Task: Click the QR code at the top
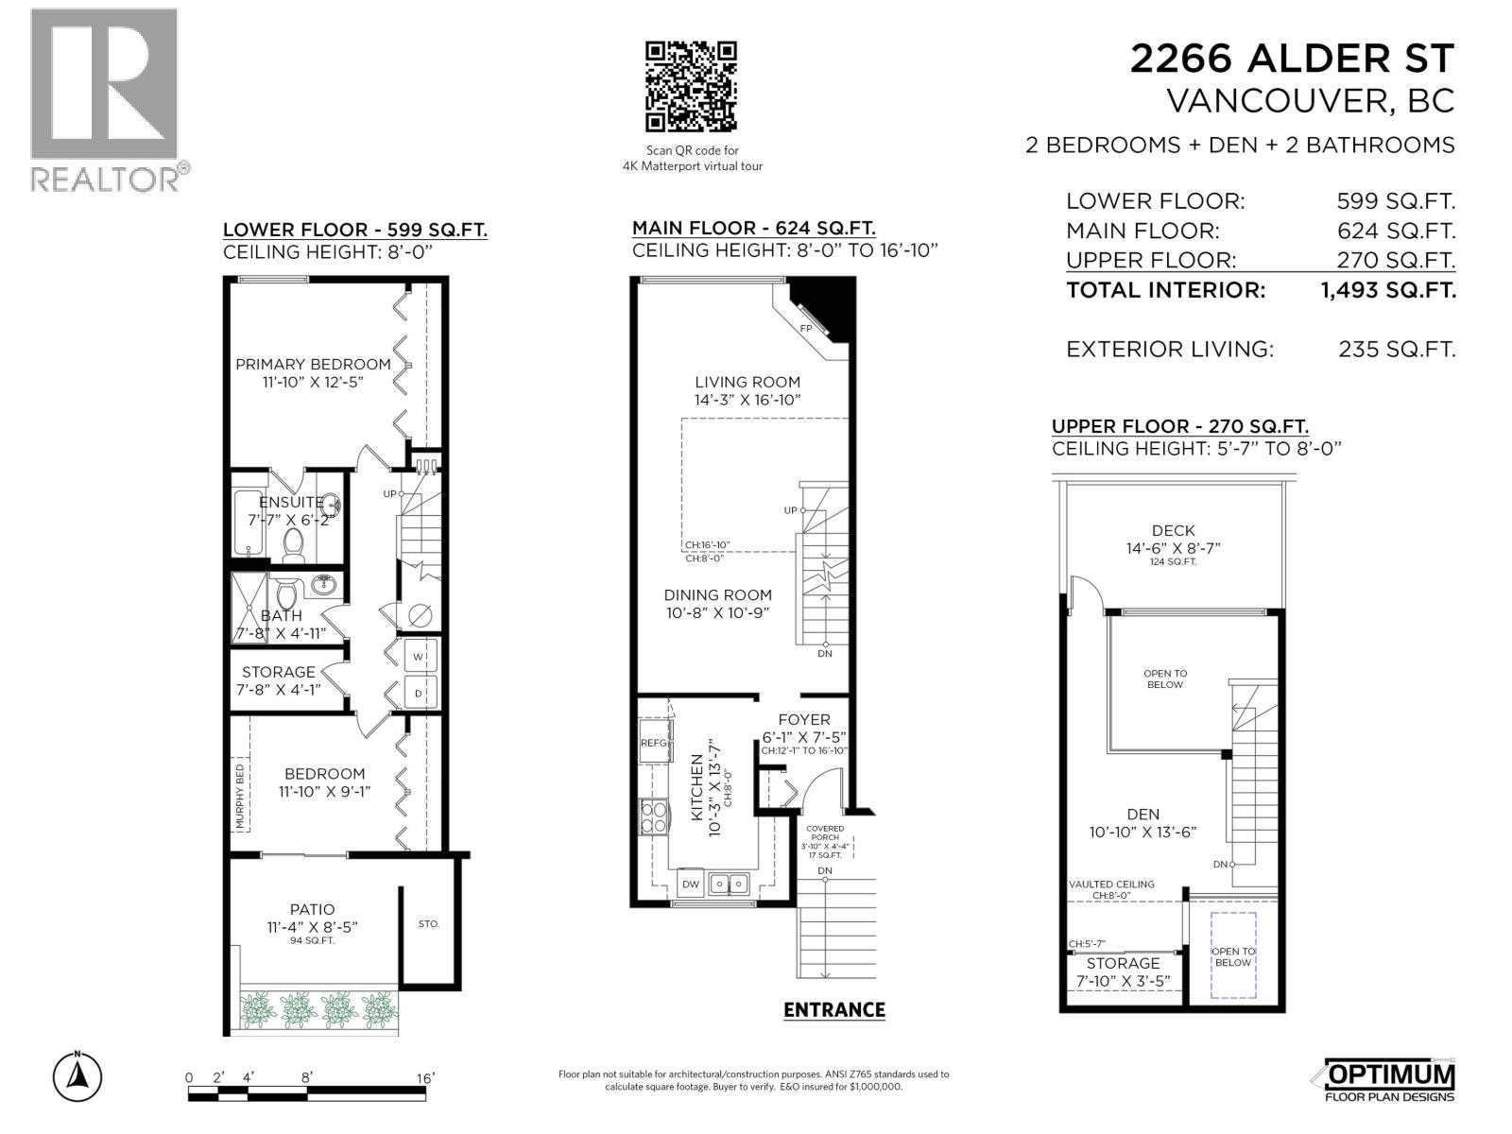click(x=690, y=86)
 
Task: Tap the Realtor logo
click(x=105, y=99)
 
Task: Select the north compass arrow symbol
click(x=78, y=1076)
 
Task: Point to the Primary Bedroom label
click(x=313, y=365)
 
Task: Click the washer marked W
click(x=419, y=656)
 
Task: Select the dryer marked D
click(x=419, y=693)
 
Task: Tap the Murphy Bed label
click(x=240, y=797)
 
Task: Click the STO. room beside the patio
click(x=429, y=923)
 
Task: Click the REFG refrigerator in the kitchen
click(x=654, y=743)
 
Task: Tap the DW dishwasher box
click(x=691, y=885)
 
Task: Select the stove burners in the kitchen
click(x=653, y=816)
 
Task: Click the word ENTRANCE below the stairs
click(x=833, y=1010)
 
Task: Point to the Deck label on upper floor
click(x=1173, y=531)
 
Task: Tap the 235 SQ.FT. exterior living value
click(x=1396, y=350)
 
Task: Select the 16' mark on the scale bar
click(x=424, y=1078)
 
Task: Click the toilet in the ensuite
click(x=292, y=545)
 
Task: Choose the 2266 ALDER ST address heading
click(x=1292, y=59)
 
